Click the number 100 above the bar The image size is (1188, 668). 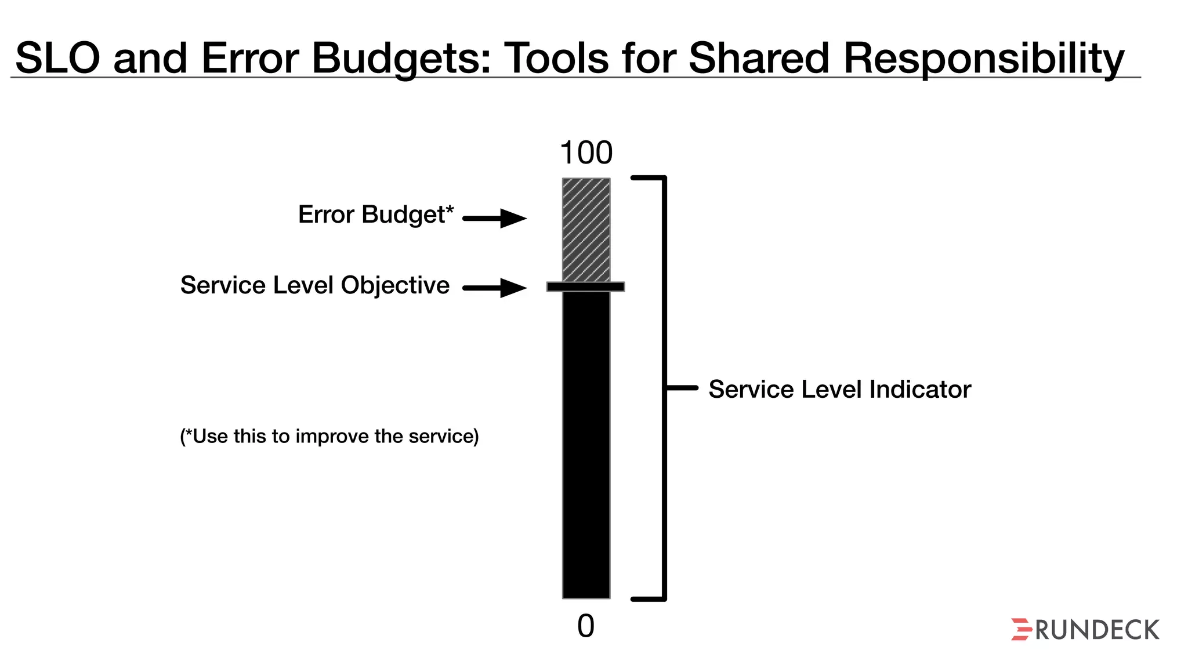[586, 153]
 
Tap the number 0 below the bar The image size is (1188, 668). [586, 626]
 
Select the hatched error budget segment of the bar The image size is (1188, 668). [586, 230]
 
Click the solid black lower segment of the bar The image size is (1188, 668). [586, 444]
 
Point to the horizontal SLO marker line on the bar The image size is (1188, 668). [586, 286]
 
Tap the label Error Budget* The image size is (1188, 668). [376, 215]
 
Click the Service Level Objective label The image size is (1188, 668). [315, 285]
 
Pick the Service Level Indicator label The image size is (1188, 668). [839, 389]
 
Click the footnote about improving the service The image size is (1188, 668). [329, 436]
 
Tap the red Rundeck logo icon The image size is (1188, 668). [1022, 630]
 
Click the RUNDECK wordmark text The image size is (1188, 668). [1097, 630]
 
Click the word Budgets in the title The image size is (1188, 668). [401, 59]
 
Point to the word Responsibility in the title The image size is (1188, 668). [984, 59]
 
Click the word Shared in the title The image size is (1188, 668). [759, 58]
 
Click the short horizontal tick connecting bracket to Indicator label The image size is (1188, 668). [682, 387]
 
